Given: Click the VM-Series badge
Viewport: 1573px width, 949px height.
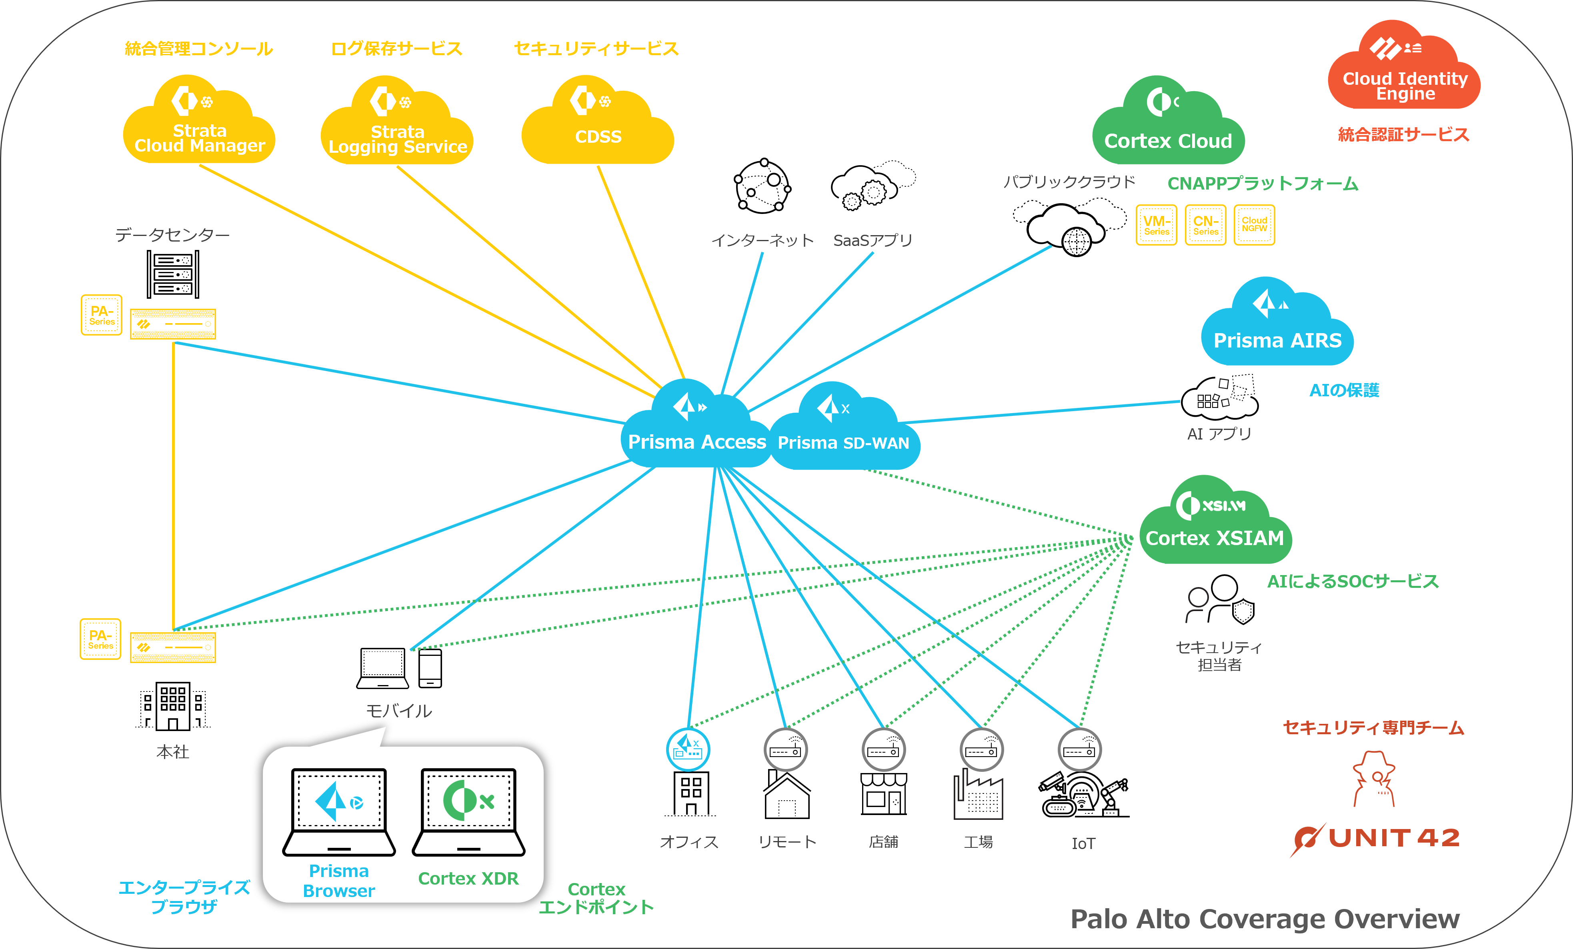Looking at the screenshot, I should click(x=1156, y=225).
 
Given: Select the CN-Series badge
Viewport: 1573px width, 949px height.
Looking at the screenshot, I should click(x=1205, y=225).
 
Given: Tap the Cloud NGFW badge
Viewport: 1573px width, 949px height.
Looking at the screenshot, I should click(x=1255, y=225).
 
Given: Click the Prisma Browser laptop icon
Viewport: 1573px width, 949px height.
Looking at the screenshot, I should click(x=339, y=811).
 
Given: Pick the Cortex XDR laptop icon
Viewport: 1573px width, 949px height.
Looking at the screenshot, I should click(x=468, y=811).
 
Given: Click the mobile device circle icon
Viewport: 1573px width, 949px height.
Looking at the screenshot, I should click(x=410, y=668).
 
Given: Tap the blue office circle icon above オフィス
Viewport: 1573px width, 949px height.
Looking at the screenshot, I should click(x=688, y=749).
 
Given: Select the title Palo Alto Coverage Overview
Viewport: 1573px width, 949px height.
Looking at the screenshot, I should click(x=1265, y=919).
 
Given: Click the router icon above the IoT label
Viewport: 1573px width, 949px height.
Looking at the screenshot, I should click(x=1079, y=750).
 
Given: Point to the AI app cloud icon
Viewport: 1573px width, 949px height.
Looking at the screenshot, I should click(x=1205, y=401).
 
